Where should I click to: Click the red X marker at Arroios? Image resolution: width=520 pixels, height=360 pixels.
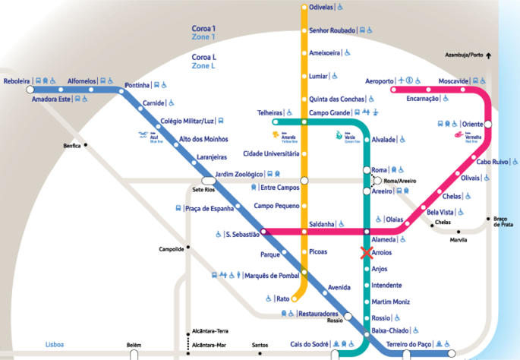(x=367, y=254)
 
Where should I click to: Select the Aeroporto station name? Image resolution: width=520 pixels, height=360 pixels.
(x=380, y=81)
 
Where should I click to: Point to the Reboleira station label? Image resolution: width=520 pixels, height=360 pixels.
(x=17, y=81)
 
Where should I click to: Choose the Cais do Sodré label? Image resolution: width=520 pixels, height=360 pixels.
(x=308, y=344)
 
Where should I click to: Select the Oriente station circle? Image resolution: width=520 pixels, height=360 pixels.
(x=488, y=124)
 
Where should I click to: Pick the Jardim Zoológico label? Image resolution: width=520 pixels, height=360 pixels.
(x=239, y=174)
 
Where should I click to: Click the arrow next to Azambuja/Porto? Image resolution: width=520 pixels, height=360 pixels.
(x=489, y=55)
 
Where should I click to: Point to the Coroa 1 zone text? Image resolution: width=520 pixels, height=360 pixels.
(x=203, y=28)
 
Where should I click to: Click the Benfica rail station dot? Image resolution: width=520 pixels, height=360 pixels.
(x=87, y=144)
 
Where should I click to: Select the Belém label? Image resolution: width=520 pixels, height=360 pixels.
(x=134, y=346)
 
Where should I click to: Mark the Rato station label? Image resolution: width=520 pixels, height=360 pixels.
(x=283, y=298)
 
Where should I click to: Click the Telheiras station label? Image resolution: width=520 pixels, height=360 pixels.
(x=269, y=113)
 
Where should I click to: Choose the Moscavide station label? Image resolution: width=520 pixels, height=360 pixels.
(x=454, y=81)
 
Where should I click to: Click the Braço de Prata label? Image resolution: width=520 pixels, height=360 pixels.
(x=500, y=221)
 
